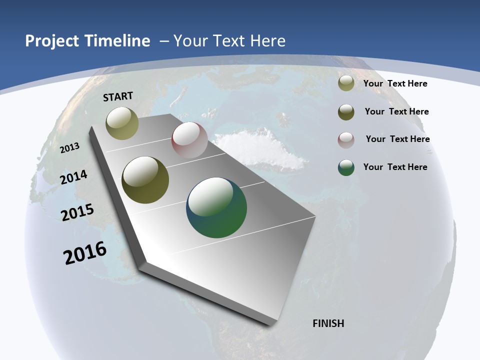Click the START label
pyautogui.click(x=118, y=96)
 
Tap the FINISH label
pyautogui.click(x=328, y=323)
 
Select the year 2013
pyautogui.click(x=70, y=147)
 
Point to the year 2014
pyautogui.click(x=73, y=177)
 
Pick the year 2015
pyautogui.click(x=77, y=212)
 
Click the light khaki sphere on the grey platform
pyautogui.click(x=122, y=123)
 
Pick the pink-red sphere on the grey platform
pyautogui.click(x=189, y=140)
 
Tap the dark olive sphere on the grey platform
pyautogui.click(x=145, y=180)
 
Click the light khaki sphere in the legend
pyautogui.click(x=346, y=83)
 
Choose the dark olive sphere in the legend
pyautogui.click(x=346, y=112)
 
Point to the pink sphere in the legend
pyautogui.click(x=346, y=140)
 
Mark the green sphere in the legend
pyautogui.click(x=346, y=167)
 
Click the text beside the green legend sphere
pyautogui.click(x=395, y=167)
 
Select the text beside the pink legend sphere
pyautogui.click(x=397, y=139)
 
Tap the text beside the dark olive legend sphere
pyautogui.click(x=396, y=111)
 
